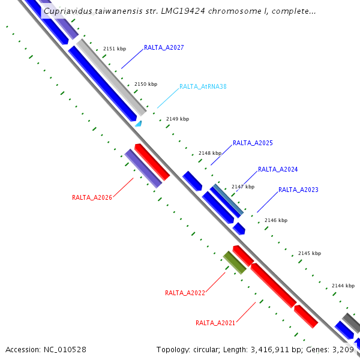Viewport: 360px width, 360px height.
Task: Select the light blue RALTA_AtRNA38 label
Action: pyautogui.click(x=203, y=86)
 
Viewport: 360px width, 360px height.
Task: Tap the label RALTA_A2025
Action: pyautogui.click(x=253, y=143)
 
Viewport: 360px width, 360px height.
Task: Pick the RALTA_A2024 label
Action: pyautogui.click(x=278, y=170)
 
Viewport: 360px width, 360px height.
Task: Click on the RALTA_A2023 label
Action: pyautogui.click(x=298, y=190)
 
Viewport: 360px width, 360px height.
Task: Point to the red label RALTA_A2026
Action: pyautogui.click(x=92, y=197)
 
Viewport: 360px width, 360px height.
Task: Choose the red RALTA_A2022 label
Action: pyautogui.click(x=185, y=293)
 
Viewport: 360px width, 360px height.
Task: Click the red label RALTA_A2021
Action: pyautogui.click(x=215, y=323)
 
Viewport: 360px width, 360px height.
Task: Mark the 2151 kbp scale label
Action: pyautogui.click(x=114, y=49)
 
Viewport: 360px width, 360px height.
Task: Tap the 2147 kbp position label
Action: pyautogui.click(x=243, y=187)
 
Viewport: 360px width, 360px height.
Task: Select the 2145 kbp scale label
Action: pyautogui.click(x=310, y=253)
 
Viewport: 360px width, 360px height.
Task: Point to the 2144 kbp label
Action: pyautogui.click(x=343, y=286)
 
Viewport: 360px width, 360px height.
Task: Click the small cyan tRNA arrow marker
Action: pyautogui.click(x=139, y=124)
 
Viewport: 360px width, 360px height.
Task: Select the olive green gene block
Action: pyautogui.click(x=235, y=262)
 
